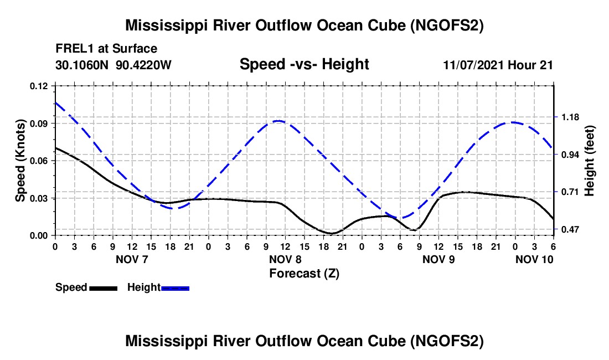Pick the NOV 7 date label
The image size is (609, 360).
click(132, 259)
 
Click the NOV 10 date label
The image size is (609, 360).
click(534, 259)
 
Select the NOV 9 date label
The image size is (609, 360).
click(438, 259)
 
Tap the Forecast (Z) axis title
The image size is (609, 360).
click(304, 274)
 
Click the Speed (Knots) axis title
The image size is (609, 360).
click(20, 161)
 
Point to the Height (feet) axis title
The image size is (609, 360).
click(589, 161)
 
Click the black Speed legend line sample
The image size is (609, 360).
click(104, 288)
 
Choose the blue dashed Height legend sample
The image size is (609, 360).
click(175, 288)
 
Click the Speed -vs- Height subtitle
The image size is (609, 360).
click(304, 64)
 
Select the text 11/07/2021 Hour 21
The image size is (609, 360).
click(498, 65)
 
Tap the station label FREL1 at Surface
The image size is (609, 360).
click(106, 49)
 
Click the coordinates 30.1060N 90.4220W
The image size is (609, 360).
click(113, 65)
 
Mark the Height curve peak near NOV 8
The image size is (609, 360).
click(278, 121)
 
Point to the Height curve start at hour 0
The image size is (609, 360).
click(55, 102)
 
